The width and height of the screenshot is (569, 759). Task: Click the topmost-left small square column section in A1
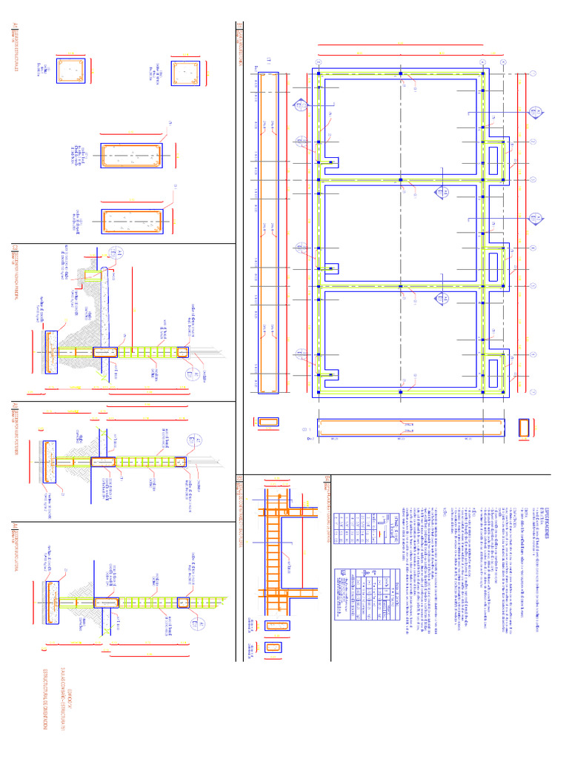pyautogui.click(x=70, y=70)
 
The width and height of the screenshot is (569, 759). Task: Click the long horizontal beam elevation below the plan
pyautogui.click(x=410, y=428)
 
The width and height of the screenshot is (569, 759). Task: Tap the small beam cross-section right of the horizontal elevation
pyautogui.click(x=527, y=428)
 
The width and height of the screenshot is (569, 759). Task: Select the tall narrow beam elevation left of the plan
pyautogui.click(x=267, y=233)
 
